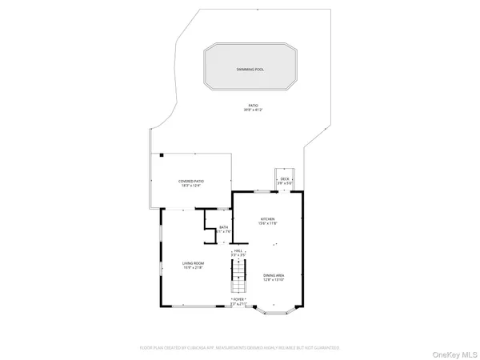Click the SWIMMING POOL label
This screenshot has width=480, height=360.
coord(250,70)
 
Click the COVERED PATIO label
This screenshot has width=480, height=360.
coord(190,181)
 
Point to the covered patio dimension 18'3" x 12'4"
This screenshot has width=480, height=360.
coord(190,186)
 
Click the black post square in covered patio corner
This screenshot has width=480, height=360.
coord(161,154)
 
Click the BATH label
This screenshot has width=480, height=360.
coord(224,227)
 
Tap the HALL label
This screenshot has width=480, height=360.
coord(238,250)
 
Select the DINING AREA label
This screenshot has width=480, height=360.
coord(274,274)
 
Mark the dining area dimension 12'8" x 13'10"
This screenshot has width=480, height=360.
coord(274,279)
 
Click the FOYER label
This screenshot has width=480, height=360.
coord(238,299)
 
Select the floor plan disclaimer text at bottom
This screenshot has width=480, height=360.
coord(240,348)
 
